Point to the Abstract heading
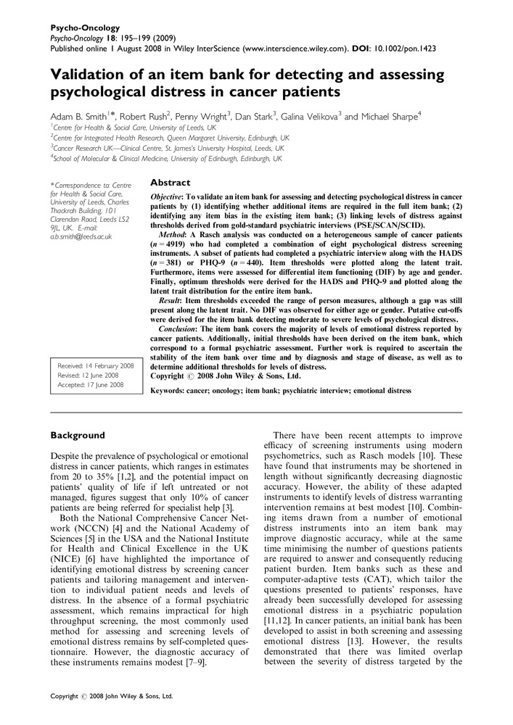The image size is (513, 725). [170, 183]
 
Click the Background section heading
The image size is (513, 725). [78, 435]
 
